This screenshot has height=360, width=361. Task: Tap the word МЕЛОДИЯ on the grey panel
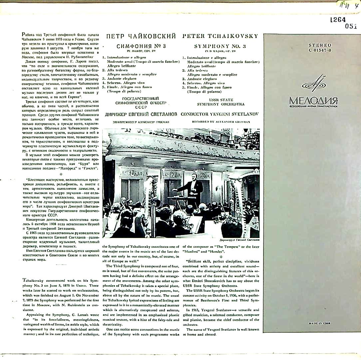[313, 100]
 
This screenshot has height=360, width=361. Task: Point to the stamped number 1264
[338, 20]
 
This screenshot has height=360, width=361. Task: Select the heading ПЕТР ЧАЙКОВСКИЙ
[141, 36]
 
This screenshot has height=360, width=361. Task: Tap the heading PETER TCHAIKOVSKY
[220, 36]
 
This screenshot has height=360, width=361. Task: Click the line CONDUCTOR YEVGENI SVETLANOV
[220, 114]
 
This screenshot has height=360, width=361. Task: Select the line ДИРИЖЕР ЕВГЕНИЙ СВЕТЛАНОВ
[141, 114]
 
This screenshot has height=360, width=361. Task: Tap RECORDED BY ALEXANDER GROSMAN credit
[221, 122]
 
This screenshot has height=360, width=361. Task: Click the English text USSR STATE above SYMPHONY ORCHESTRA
[221, 100]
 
